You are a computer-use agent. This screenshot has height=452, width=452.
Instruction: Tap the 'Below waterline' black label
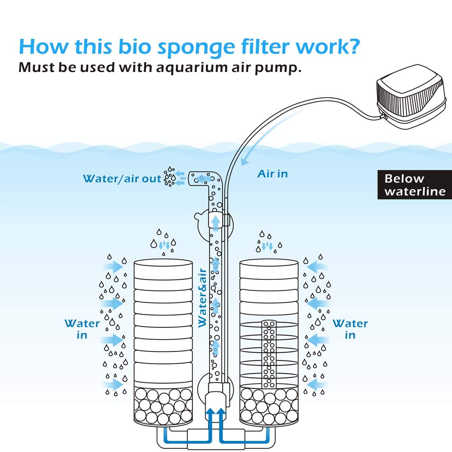tap(415, 185)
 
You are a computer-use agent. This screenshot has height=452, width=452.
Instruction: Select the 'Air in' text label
tap(272, 174)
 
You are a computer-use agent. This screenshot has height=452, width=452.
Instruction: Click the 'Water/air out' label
tap(122, 179)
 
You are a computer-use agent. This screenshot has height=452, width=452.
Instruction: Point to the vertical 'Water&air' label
tap(202, 298)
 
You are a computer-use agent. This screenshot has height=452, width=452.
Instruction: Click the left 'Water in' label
tap(82, 329)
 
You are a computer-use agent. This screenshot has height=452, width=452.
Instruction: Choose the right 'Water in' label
tap(350, 329)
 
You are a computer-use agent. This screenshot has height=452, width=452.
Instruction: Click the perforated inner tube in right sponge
tap(270, 353)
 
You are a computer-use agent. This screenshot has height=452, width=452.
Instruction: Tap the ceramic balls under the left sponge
tap(163, 407)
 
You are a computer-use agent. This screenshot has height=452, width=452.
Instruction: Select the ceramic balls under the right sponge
tap(269, 407)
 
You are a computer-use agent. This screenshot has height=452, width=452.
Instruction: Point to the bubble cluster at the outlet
tap(169, 177)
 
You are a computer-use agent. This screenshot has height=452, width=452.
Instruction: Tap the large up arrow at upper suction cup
tap(215, 222)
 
